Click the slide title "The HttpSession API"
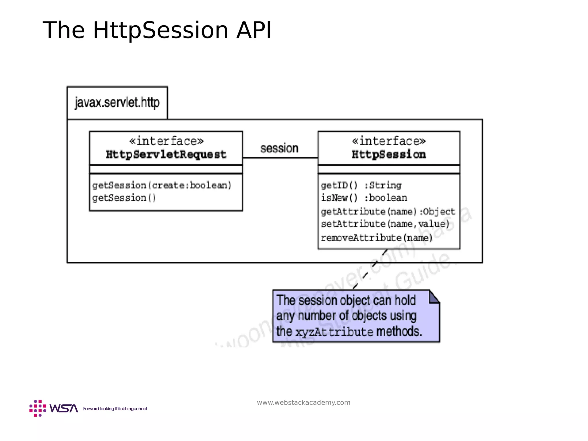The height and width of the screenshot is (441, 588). click(x=157, y=30)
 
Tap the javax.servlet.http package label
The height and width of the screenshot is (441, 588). click(x=117, y=103)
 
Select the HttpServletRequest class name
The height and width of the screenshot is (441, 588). click(x=166, y=154)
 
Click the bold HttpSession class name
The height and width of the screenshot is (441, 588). click(x=389, y=154)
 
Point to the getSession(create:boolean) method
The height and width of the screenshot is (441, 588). click(x=162, y=185)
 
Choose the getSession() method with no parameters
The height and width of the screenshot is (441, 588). click(x=124, y=198)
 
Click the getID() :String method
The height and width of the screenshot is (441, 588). click(x=361, y=185)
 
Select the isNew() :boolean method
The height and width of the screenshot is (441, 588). click(x=364, y=198)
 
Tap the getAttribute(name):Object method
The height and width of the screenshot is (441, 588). click(x=388, y=211)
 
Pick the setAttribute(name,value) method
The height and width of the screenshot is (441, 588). click(x=385, y=224)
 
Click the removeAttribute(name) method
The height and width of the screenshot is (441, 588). click(x=377, y=237)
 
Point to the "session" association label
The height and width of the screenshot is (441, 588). click(x=279, y=148)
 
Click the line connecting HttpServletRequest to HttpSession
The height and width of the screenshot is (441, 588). click(x=280, y=158)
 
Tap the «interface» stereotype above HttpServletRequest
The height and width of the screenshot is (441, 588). click(x=166, y=141)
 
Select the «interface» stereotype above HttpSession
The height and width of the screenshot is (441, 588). click(x=389, y=141)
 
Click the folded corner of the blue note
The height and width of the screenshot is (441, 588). click(x=434, y=297)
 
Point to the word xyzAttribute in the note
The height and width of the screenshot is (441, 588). click(x=334, y=332)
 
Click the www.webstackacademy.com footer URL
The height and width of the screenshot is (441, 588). click(x=303, y=403)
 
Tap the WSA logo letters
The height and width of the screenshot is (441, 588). click(x=63, y=408)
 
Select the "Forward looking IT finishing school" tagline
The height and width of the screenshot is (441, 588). click(x=115, y=409)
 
